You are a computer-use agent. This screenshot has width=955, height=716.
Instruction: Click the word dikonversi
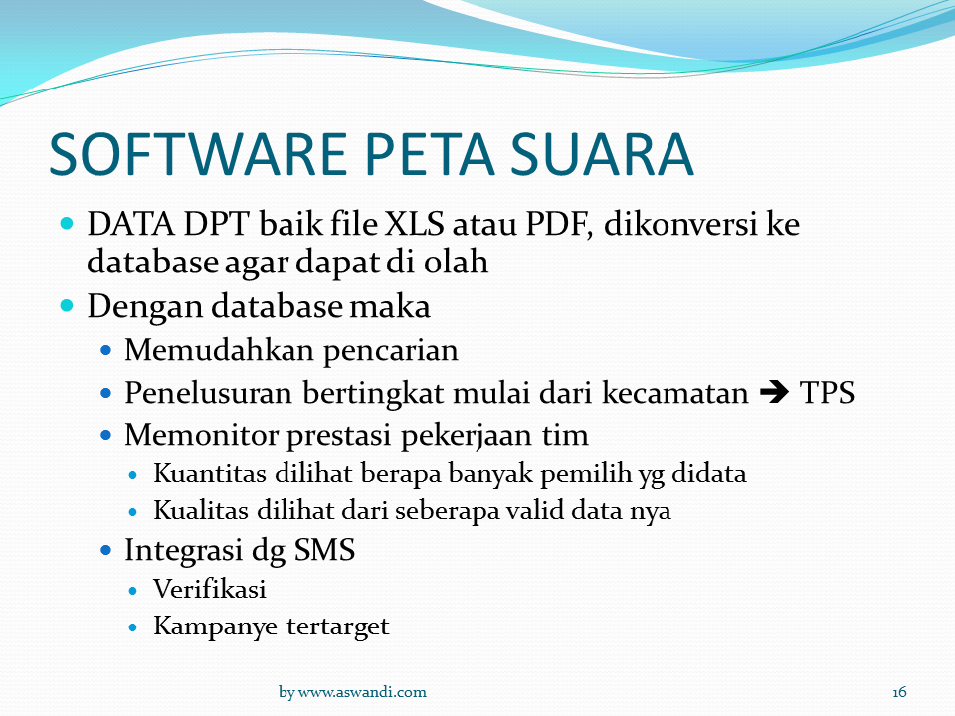(680, 224)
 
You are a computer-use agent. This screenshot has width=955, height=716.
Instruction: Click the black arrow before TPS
(774, 393)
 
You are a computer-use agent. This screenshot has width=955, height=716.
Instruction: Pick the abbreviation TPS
(827, 393)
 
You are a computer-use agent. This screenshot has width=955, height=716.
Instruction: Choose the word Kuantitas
(210, 474)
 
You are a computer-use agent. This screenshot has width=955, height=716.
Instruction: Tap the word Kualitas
(200, 511)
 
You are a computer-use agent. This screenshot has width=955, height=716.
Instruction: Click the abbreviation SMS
(324, 550)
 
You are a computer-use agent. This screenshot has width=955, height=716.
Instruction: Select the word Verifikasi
(210, 590)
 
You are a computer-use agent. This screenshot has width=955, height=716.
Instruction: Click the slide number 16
(899, 692)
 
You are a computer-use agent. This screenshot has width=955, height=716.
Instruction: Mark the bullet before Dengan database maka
(67, 305)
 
